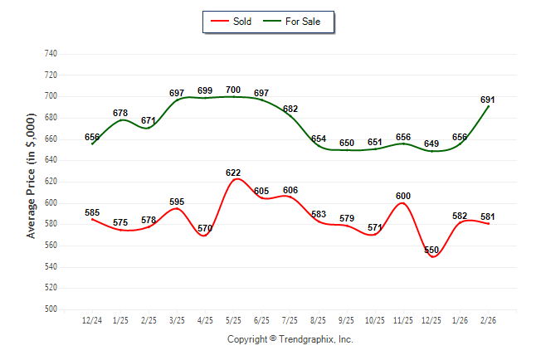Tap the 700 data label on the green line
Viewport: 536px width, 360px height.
click(233, 90)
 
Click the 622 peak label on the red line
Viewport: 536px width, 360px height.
click(233, 173)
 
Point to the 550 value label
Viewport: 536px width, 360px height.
click(431, 250)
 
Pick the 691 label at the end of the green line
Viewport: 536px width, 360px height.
click(488, 100)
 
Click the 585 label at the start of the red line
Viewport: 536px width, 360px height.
click(92, 212)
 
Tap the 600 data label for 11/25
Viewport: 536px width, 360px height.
click(403, 196)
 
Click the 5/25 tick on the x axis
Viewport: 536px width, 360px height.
click(233, 320)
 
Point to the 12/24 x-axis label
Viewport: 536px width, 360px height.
click(92, 320)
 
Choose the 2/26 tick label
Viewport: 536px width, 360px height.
click(488, 320)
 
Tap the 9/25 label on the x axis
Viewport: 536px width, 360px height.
click(347, 320)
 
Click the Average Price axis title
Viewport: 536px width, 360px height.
click(31, 181)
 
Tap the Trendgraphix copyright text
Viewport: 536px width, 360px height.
click(290, 339)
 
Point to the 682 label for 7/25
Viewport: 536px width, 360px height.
click(290, 109)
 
